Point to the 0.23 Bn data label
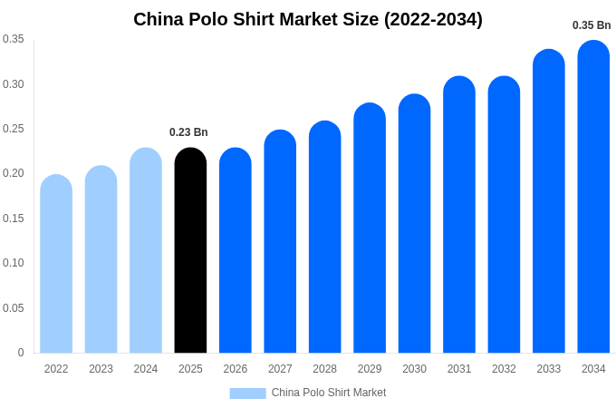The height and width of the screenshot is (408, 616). [x=188, y=132]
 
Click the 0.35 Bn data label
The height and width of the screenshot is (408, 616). [x=592, y=25]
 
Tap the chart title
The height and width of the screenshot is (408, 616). [x=308, y=19]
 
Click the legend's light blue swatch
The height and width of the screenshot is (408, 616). [x=247, y=393]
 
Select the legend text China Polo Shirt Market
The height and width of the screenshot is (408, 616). [x=329, y=393]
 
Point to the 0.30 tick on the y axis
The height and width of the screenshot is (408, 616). [x=14, y=84]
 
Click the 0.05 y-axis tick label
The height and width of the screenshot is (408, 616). [x=14, y=308]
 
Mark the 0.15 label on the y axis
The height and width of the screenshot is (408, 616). [x=14, y=219]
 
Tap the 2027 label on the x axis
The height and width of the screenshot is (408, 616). [x=280, y=369]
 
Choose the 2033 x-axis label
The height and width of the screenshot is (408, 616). [x=549, y=369]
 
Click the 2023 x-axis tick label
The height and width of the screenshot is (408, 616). [x=101, y=369]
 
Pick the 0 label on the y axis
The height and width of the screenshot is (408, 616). [x=21, y=353]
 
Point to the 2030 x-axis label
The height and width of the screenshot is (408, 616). [x=414, y=369]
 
